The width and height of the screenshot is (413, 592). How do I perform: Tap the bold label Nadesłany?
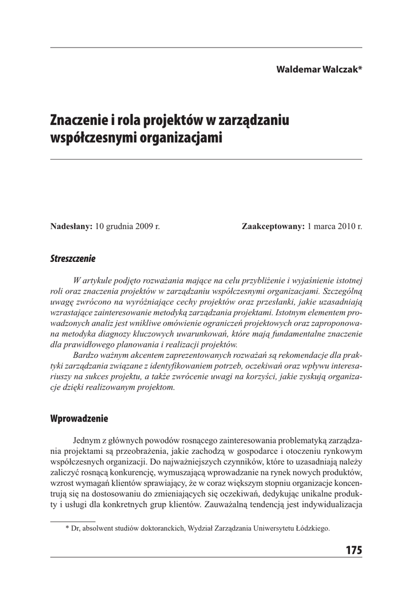coord(72,227)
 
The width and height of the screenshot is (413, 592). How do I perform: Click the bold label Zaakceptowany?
coord(273,227)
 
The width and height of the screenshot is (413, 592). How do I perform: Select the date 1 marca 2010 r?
coord(335,227)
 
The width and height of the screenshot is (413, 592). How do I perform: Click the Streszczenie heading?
coord(73,258)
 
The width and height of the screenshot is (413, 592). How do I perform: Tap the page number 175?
coord(354,550)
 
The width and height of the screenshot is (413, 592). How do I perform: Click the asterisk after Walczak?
coord(360,68)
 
